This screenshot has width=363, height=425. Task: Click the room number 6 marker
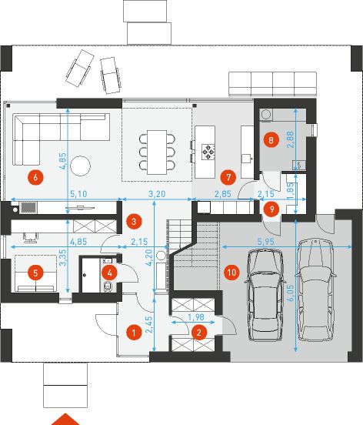33,177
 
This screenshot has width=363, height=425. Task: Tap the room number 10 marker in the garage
231,272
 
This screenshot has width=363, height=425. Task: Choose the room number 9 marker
269,208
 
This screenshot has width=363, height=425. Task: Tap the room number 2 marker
199,333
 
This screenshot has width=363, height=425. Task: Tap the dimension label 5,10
77,195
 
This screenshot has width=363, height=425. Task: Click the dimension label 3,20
156,195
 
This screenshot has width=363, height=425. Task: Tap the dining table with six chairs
157,149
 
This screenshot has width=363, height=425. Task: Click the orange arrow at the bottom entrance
67,419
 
